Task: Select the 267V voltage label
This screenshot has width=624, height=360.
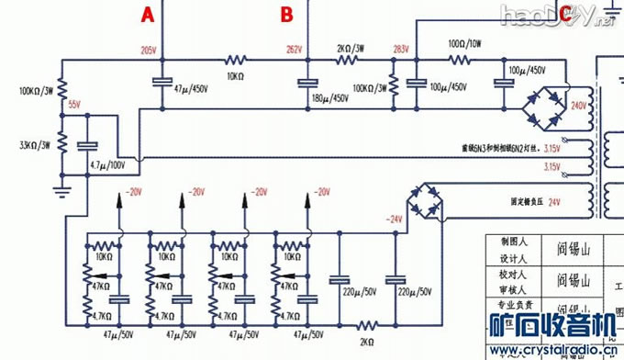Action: pos(293,49)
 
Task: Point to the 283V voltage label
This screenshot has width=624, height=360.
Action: pos(399,49)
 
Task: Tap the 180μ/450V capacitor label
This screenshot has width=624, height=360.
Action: pos(330,98)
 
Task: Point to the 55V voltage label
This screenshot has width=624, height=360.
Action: pos(74,105)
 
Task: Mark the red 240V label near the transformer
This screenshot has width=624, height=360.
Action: pos(578,107)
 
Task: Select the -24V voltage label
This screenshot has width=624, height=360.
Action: pos(395,219)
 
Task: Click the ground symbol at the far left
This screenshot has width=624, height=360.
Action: pos(61,191)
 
